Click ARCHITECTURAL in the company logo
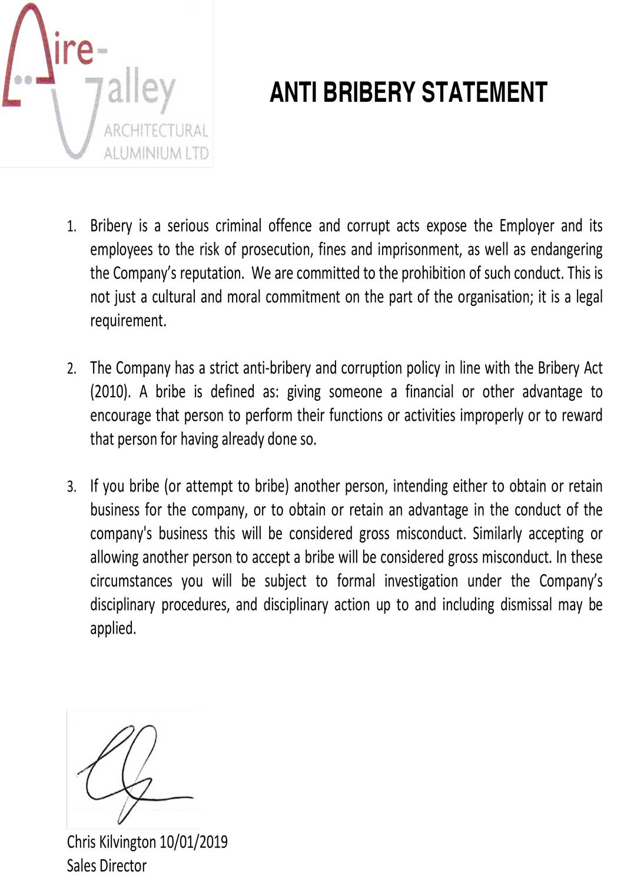[x=155, y=131]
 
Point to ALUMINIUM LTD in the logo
[x=156, y=154]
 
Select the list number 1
[x=71, y=227]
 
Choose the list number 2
[x=71, y=369]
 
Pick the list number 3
[x=71, y=487]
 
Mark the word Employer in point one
[x=527, y=226]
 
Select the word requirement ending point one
[x=128, y=321]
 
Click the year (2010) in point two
[x=110, y=392]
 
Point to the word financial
[x=429, y=392]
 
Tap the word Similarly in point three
[x=497, y=534]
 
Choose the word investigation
[x=421, y=581]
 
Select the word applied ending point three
[x=112, y=629]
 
